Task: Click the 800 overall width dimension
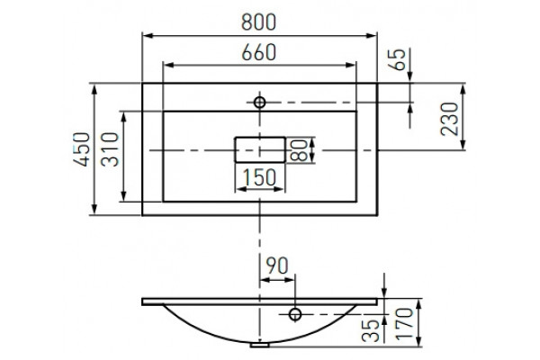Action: click(258, 22)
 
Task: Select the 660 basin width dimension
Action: click(258, 52)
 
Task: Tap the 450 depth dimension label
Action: click(82, 149)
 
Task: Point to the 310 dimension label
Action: click(110, 149)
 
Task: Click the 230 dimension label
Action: click(449, 119)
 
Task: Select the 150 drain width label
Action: click(259, 177)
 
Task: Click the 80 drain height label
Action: click(299, 150)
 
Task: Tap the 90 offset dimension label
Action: click(277, 265)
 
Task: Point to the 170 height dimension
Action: click(404, 324)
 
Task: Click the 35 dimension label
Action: click(371, 330)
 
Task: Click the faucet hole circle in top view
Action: click(259, 103)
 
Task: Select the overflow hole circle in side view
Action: click(295, 314)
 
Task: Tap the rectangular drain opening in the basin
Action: click(260, 138)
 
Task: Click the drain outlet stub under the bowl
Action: click(260, 345)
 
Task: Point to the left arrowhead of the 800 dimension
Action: click(148, 35)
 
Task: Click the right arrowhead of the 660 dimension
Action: click(351, 65)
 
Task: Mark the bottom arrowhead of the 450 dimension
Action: click(94, 209)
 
